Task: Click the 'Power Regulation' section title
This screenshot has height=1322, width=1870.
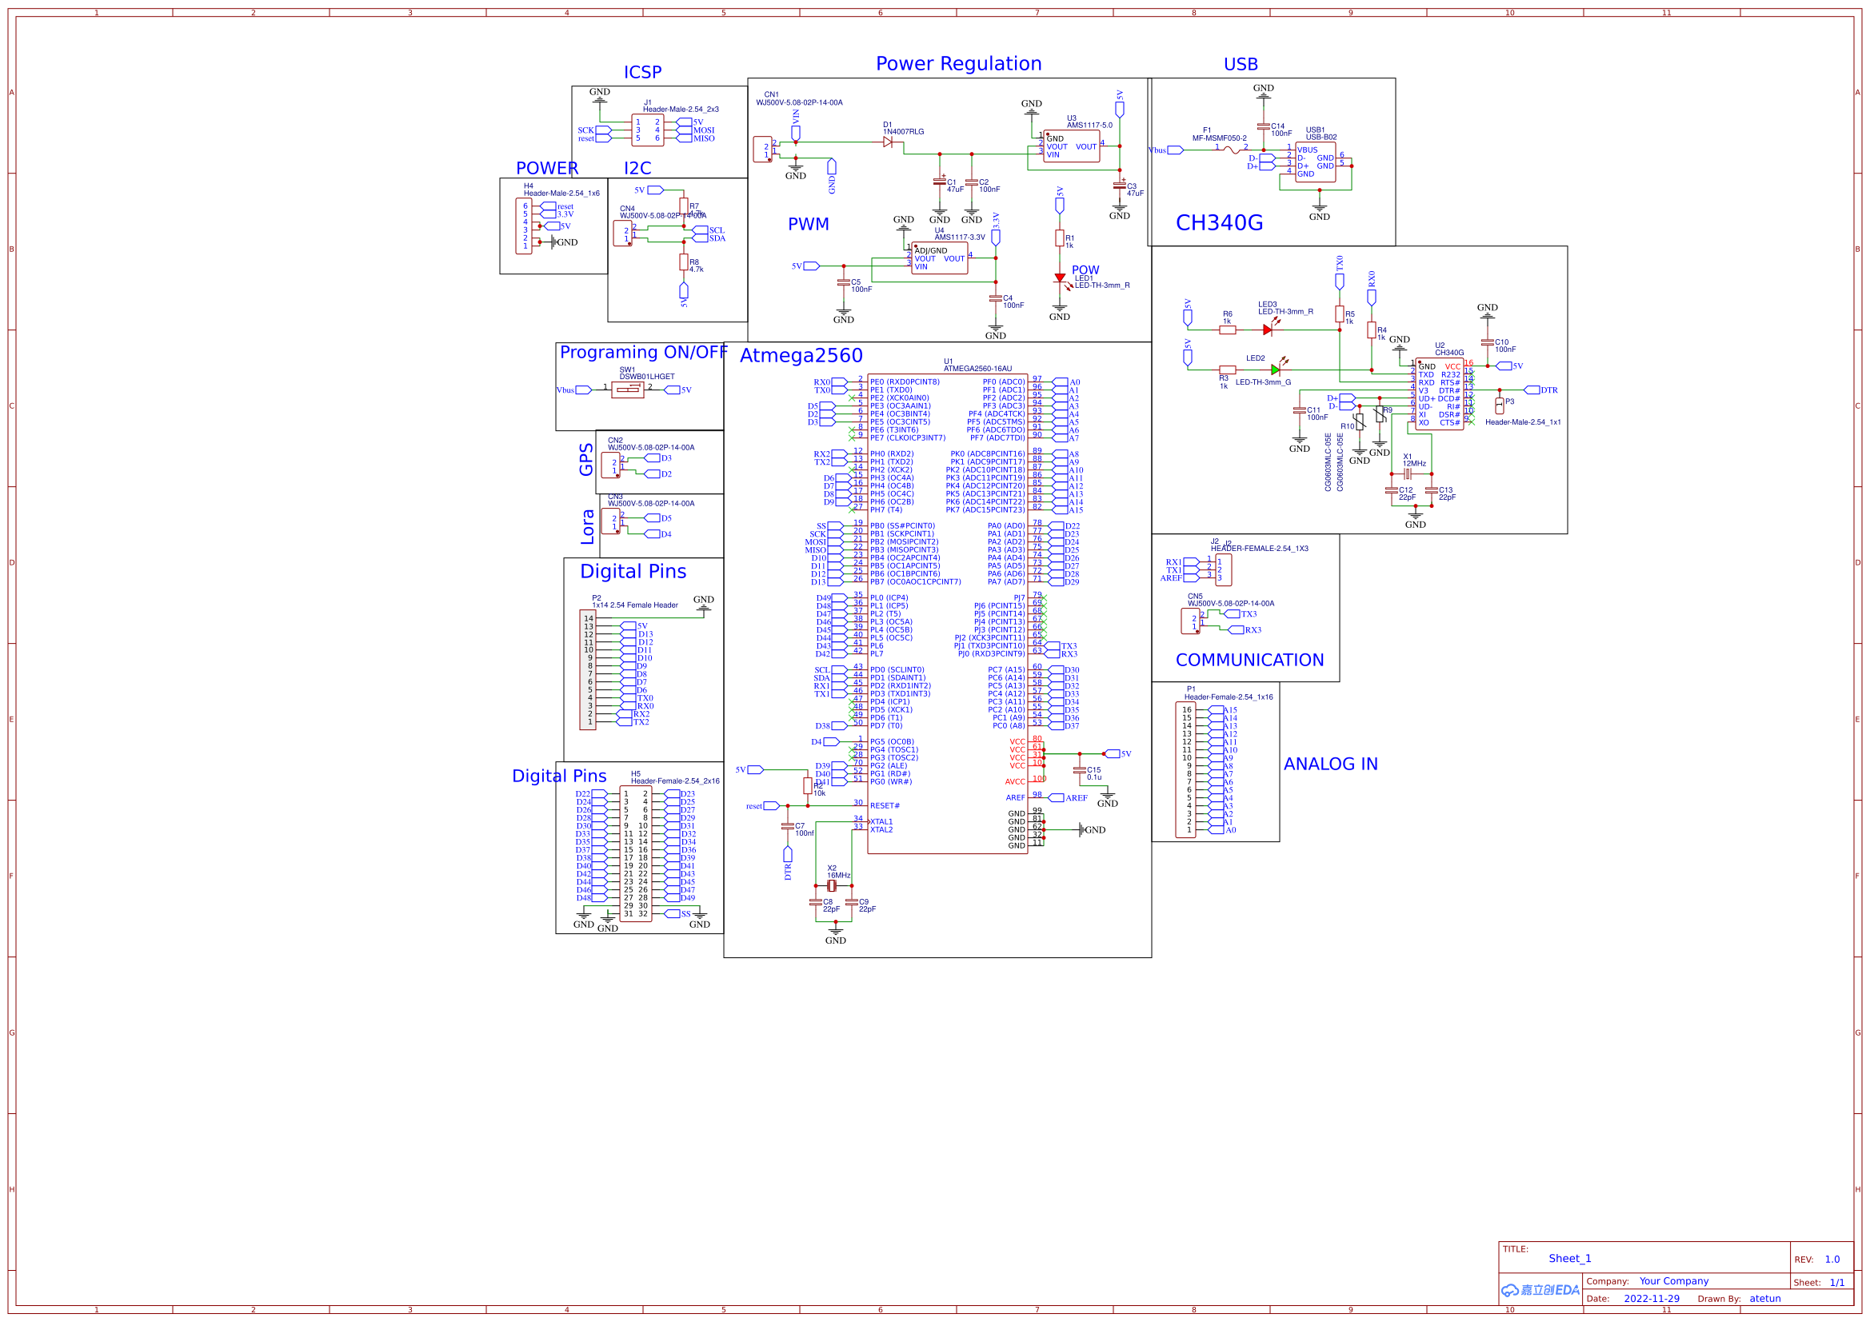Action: pyautogui.click(x=958, y=63)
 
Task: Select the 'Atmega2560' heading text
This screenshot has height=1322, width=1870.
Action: pyautogui.click(x=801, y=355)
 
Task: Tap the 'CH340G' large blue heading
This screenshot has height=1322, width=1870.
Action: pyautogui.click(x=1218, y=223)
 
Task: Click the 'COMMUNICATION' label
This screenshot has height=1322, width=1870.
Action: pyautogui.click(x=1249, y=660)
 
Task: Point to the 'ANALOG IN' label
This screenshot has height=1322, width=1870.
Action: pyautogui.click(x=1330, y=764)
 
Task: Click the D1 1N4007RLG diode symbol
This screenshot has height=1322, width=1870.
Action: pyautogui.click(x=888, y=142)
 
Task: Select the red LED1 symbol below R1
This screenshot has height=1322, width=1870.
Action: pyautogui.click(x=1059, y=278)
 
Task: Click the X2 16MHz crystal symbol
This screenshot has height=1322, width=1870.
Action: pyautogui.click(x=832, y=885)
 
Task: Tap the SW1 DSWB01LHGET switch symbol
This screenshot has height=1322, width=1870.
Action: pyautogui.click(x=627, y=390)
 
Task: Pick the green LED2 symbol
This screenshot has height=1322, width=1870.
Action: pyautogui.click(x=1275, y=369)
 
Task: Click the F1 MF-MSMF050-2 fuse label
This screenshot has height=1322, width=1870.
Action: pyautogui.click(x=1218, y=134)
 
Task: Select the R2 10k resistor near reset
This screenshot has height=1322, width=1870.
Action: pyautogui.click(x=807, y=785)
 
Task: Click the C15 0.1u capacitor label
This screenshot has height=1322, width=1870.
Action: pyautogui.click(x=1094, y=773)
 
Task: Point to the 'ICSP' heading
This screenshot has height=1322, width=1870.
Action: pyautogui.click(x=642, y=73)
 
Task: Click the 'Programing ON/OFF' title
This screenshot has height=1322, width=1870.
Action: pyautogui.click(x=643, y=352)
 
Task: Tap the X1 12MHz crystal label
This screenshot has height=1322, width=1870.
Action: pyautogui.click(x=1414, y=460)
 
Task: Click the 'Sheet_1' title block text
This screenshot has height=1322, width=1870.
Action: pyautogui.click(x=1569, y=1259)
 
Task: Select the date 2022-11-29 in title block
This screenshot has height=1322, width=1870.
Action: pyautogui.click(x=1651, y=1298)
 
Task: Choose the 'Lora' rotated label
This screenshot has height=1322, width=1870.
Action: pyautogui.click(x=587, y=527)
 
